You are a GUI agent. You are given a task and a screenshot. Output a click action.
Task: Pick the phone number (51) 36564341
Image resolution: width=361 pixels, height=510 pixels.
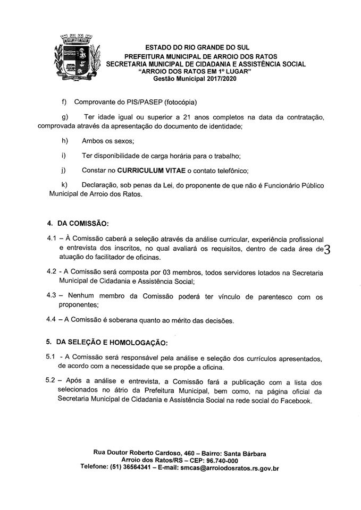(x=135, y=469)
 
